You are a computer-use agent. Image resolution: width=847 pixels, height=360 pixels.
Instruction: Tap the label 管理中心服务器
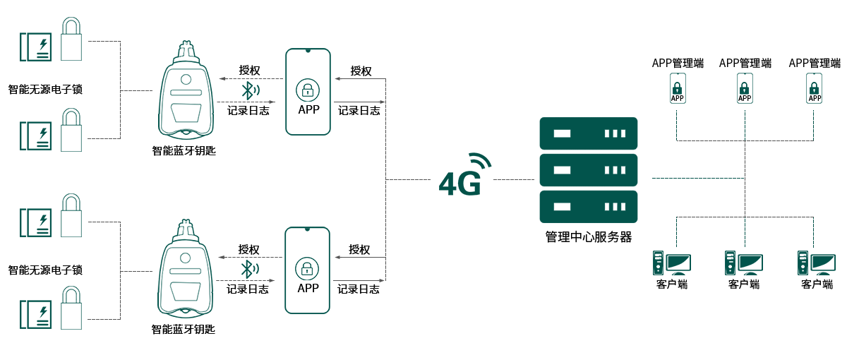[588, 237]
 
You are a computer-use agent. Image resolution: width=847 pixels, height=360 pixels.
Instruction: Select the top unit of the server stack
[588, 133]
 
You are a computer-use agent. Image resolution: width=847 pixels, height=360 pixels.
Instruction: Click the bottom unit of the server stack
[588, 207]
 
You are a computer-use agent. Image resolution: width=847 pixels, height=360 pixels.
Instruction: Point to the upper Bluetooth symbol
[248, 90]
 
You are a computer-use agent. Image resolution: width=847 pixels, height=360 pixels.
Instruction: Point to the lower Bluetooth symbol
[248, 269]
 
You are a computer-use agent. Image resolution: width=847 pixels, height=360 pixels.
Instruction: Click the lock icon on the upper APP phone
[308, 90]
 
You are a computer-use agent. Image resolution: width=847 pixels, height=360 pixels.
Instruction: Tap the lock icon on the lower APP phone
[307, 269]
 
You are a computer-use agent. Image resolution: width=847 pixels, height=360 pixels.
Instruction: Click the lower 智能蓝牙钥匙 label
[183, 329]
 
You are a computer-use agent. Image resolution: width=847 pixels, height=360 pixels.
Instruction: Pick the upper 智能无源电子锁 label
[45, 90]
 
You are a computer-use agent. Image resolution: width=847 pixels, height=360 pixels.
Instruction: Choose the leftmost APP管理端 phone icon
[677, 89]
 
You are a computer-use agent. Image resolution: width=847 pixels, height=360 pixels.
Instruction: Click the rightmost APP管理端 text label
[815, 64]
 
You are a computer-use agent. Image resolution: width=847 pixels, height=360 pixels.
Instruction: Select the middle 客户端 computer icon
[743, 264]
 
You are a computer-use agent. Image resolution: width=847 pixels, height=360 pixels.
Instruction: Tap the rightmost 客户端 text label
[817, 284]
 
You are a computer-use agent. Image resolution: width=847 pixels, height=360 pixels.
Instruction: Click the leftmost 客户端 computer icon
[671, 264]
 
